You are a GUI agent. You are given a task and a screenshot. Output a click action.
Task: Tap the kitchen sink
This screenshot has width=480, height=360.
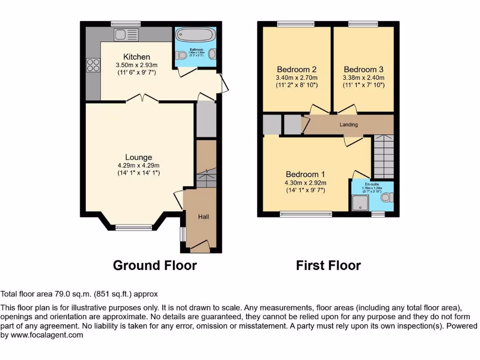(126, 34)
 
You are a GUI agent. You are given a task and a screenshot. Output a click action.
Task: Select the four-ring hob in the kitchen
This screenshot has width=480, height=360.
(93, 65)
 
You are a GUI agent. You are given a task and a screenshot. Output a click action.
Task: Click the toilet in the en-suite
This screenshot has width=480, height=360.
(387, 198)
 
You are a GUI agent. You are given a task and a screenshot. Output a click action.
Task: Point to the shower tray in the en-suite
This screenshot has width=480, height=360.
(360, 202)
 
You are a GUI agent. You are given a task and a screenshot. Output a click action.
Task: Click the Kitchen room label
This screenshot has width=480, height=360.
(136, 57)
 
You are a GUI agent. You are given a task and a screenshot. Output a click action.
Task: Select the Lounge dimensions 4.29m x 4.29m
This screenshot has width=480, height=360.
(138, 165)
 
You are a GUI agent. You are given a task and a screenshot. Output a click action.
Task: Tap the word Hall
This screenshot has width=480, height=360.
(203, 217)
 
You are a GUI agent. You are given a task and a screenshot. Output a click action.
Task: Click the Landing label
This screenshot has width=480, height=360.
(349, 125)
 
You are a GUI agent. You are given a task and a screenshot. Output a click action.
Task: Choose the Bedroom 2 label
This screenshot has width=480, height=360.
(297, 69)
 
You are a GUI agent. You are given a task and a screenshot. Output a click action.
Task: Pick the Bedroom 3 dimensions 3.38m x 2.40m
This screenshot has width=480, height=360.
(364, 78)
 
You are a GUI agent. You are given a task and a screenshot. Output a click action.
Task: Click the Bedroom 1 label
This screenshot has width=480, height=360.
(305, 173)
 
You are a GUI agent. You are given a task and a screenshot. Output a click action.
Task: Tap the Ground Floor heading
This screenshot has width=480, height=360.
(155, 265)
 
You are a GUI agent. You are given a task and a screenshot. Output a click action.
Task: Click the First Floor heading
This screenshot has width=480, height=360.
(328, 265)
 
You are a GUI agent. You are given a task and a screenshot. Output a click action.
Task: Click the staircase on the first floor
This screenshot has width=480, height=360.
(383, 155)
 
